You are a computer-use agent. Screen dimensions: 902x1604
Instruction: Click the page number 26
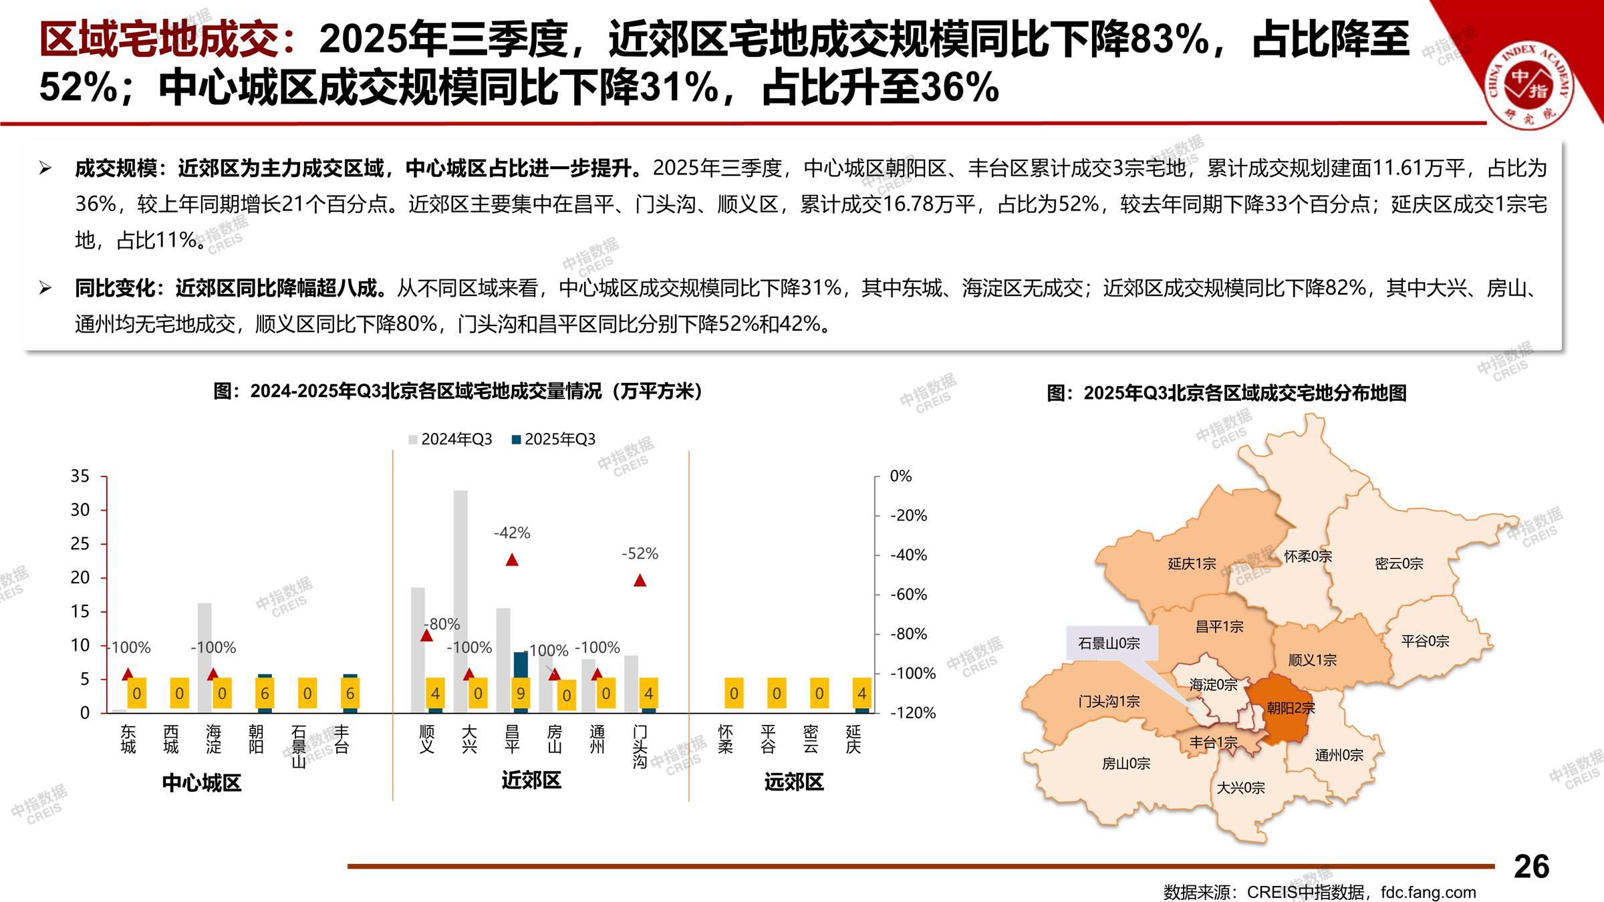(x=1531, y=867)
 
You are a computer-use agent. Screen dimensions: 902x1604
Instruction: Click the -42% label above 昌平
(x=512, y=533)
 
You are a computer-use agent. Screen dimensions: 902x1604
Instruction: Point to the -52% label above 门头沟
(x=640, y=553)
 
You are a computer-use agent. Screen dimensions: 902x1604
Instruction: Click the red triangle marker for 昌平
(x=512, y=560)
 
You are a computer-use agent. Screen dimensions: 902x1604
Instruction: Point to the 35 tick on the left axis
(x=80, y=476)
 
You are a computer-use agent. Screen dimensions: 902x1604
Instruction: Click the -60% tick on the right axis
(x=908, y=594)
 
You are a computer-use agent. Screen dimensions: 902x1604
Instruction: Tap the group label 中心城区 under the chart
(x=201, y=782)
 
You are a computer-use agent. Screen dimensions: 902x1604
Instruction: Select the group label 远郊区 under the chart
(x=793, y=781)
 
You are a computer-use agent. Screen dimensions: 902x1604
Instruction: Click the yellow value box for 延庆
(x=861, y=694)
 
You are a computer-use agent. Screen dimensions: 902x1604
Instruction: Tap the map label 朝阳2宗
(x=1291, y=708)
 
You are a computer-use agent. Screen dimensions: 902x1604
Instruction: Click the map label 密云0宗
(x=1399, y=563)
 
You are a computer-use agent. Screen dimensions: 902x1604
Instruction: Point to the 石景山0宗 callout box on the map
(x=1109, y=643)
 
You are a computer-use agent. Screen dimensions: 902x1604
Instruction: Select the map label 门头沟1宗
(x=1109, y=701)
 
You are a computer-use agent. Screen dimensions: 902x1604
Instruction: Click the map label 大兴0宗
(x=1240, y=788)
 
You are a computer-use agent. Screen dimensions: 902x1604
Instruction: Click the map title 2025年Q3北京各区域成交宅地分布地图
(x=1226, y=393)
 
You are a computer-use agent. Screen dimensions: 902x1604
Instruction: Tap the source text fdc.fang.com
(x=1428, y=892)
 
